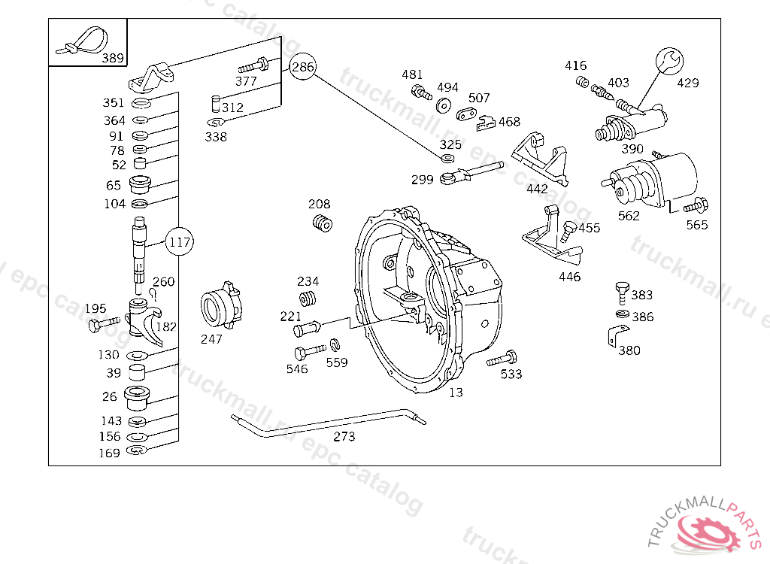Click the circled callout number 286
point(302,67)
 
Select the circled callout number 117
point(179,242)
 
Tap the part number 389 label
point(113,58)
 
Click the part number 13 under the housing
point(456,393)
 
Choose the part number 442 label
point(537,189)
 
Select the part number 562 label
point(629,216)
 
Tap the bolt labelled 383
point(621,290)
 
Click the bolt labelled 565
point(696,205)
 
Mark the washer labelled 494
point(444,105)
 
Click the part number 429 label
point(687,83)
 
